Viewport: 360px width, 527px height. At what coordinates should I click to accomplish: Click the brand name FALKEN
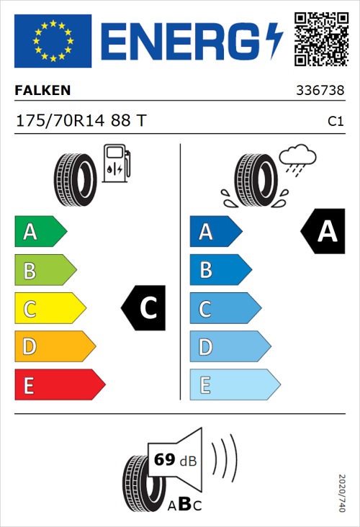(x=43, y=91)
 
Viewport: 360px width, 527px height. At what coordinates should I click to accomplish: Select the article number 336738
(x=320, y=91)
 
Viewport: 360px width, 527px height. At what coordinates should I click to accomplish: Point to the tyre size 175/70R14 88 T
(x=81, y=121)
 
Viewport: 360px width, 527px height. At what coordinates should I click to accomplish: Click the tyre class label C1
(x=335, y=122)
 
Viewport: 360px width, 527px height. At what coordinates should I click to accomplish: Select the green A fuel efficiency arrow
(x=40, y=232)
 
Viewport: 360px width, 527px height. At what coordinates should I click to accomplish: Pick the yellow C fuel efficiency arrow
(x=49, y=309)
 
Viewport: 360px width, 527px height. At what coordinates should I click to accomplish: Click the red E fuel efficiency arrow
(x=59, y=385)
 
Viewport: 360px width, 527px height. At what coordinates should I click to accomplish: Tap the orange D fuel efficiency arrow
(x=54, y=347)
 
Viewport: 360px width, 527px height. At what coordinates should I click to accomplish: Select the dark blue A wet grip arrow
(x=215, y=232)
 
